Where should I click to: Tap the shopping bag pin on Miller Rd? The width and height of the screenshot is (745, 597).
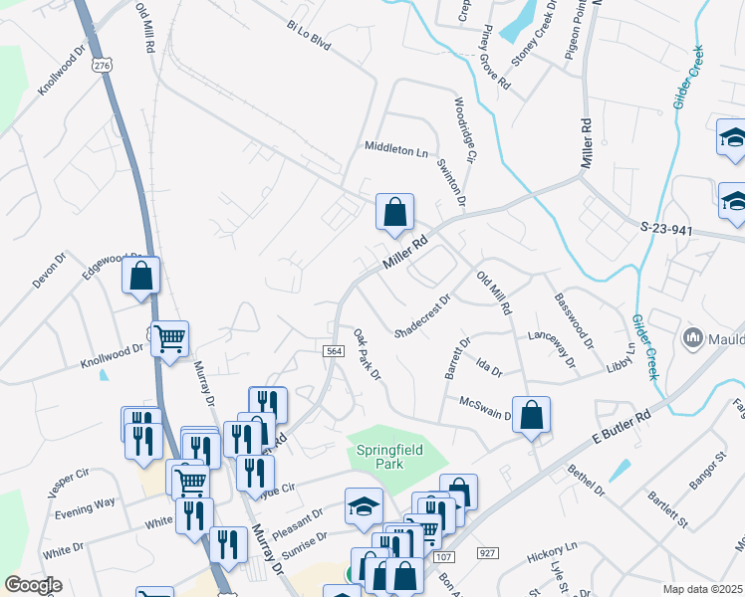click(394, 213)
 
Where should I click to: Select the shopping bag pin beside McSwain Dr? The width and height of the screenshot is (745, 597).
click(532, 415)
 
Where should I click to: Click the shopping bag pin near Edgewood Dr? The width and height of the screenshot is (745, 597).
click(141, 277)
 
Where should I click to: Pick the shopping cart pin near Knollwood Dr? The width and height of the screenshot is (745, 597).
click(170, 339)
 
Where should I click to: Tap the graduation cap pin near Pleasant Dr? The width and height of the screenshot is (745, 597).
click(364, 506)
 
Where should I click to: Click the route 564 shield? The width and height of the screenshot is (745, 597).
click(335, 353)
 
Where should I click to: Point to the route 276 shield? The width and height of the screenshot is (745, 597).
click(102, 64)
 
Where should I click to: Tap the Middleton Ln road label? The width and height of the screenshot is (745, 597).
click(395, 150)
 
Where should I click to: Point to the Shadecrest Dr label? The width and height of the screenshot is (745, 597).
click(423, 314)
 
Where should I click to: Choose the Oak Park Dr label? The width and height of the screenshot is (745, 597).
click(367, 354)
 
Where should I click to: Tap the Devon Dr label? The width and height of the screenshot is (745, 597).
click(48, 270)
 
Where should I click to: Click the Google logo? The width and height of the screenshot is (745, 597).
click(33, 585)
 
